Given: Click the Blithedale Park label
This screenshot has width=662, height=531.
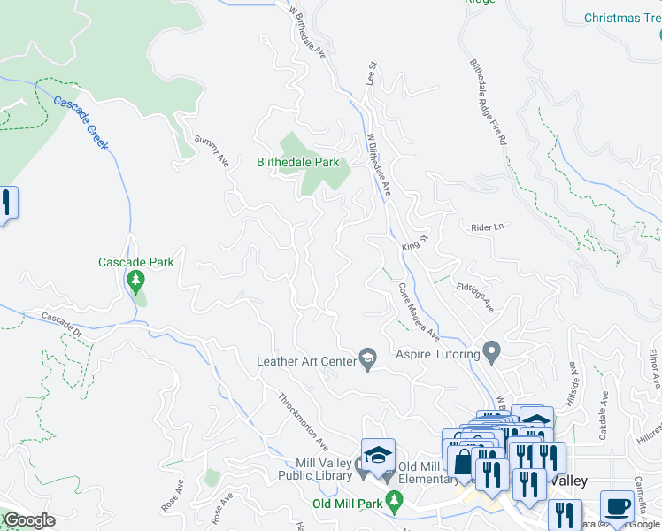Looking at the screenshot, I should pos(298,163).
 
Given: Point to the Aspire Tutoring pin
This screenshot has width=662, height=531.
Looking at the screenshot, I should pos(493,352).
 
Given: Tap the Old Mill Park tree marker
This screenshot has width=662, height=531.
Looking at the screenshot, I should pos(396,501).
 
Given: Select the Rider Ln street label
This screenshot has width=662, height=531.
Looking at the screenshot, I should pos(487,227).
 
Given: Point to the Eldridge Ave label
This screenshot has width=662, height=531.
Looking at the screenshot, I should pos(474,289).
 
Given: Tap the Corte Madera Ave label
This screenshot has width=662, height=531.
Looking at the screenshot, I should pos(418,311).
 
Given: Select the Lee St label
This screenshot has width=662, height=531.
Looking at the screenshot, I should pos(372,73).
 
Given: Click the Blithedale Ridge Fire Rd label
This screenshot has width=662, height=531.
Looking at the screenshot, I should pos(489,102).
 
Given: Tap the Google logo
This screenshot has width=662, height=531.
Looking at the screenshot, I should pos(28,521).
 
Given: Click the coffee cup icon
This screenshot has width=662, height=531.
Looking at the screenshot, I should pos(617,507).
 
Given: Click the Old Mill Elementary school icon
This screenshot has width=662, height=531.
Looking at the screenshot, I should pos(378,454).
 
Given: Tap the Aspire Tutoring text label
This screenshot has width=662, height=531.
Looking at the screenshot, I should pos(437,354).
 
